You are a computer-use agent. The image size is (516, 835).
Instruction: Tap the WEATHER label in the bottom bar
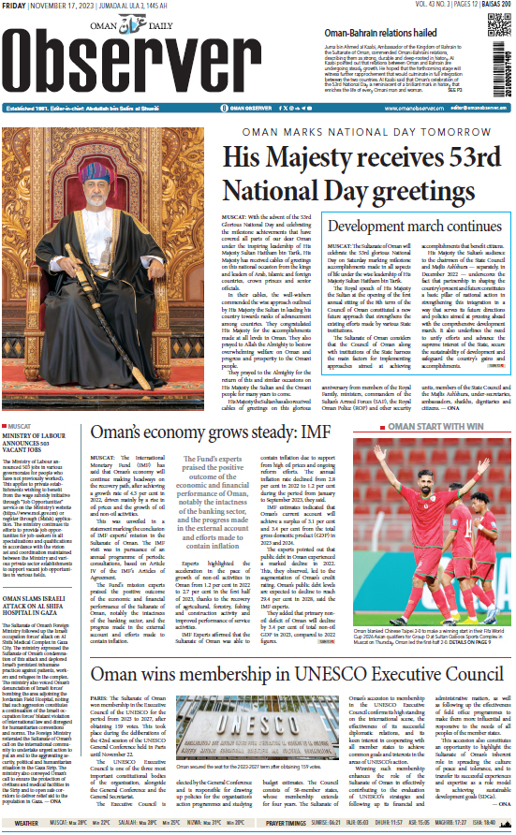(x=26, y=823)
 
